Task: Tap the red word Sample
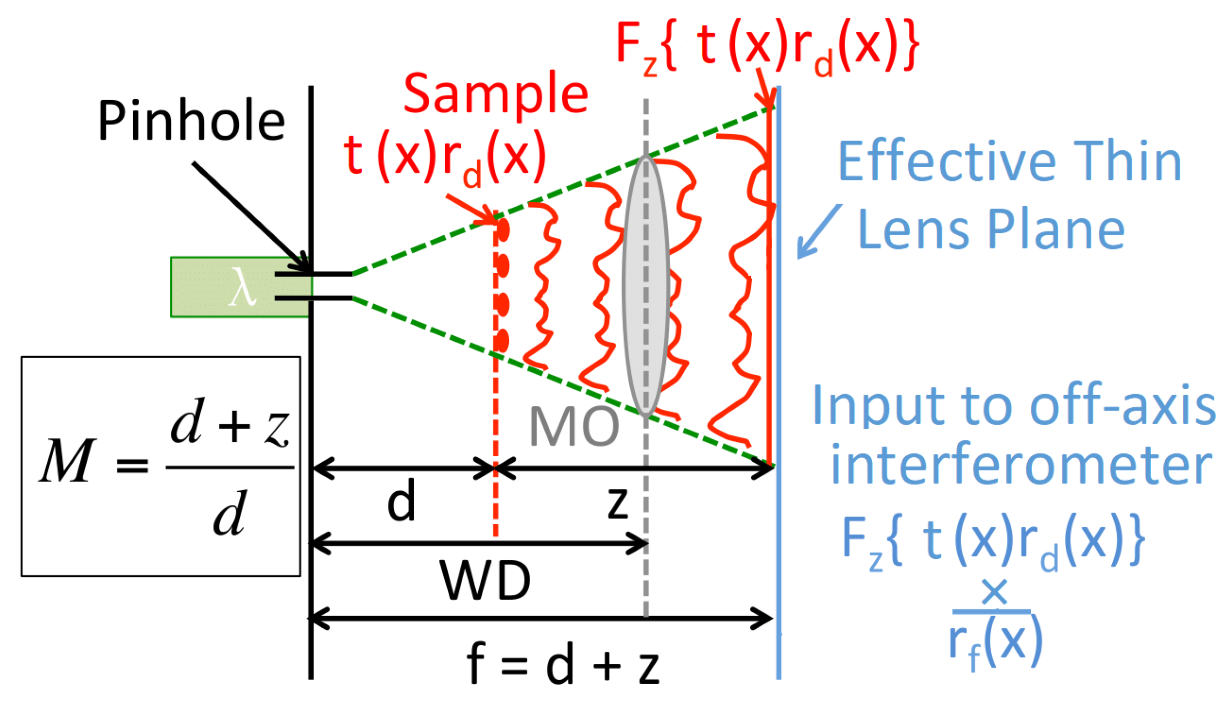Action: tap(496, 94)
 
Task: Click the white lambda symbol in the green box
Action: tap(242, 287)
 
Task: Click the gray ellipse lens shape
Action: tap(645, 284)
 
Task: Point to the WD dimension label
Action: tap(485, 581)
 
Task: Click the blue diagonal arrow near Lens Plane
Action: tap(818, 231)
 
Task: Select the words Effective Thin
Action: tap(1009, 162)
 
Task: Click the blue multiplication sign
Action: tap(994, 592)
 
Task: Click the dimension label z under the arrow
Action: tap(618, 503)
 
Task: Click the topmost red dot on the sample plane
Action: tap(503, 230)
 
